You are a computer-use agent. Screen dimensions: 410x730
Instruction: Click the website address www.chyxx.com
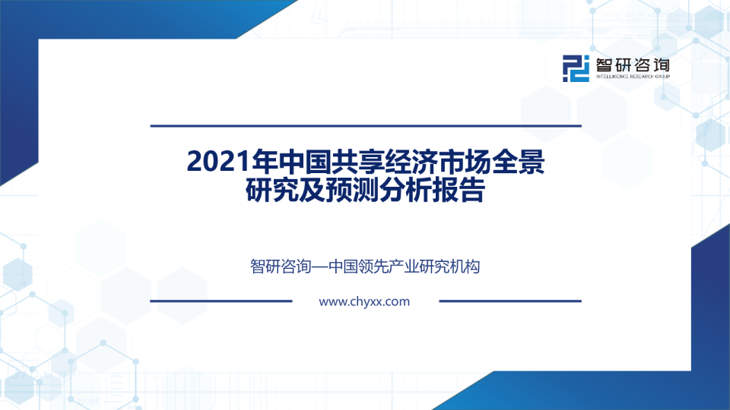tap(364, 301)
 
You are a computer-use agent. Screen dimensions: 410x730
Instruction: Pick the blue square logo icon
tap(576, 68)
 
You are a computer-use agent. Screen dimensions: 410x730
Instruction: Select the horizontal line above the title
tap(365, 125)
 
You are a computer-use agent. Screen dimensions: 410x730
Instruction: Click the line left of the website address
tap(221, 301)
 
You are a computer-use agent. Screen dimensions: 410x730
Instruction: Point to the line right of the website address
tap(509, 301)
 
